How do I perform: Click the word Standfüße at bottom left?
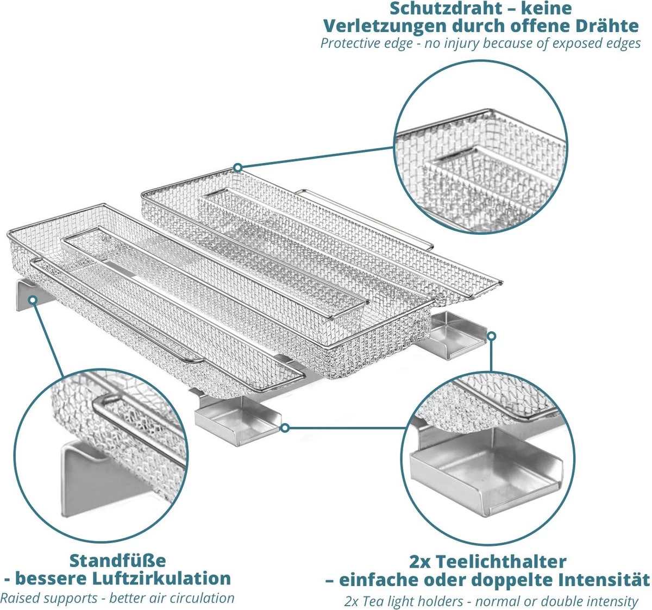coord(118,561)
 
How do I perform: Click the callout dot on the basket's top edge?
coord(237,167)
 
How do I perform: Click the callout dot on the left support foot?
coord(33,299)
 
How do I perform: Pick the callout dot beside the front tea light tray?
coord(285,429)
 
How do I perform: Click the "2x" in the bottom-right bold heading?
coord(422,561)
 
